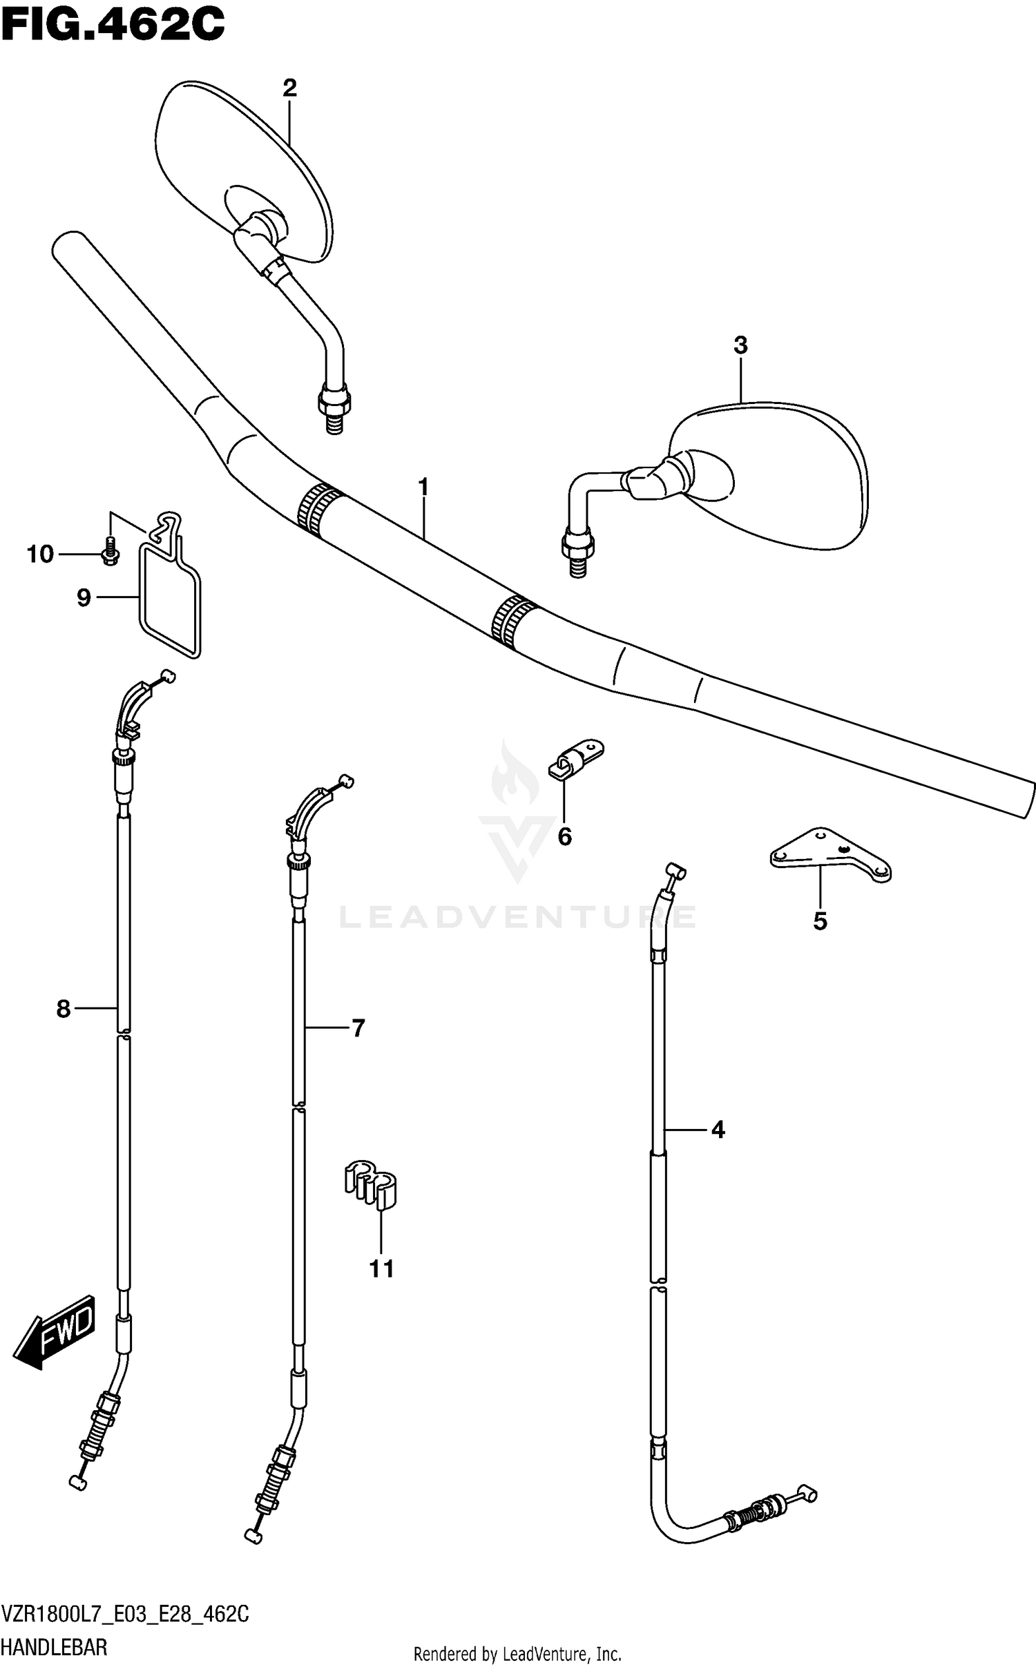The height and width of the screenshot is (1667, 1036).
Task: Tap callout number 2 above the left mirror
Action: pyautogui.click(x=289, y=88)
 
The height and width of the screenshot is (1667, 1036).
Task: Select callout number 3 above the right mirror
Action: pyautogui.click(x=740, y=345)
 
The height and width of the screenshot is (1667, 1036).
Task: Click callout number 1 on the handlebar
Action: pyautogui.click(x=423, y=488)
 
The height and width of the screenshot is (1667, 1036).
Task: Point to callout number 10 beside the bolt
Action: pyautogui.click(x=40, y=554)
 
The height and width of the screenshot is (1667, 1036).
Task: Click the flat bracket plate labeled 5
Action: pyautogui.click(x=829, y=854)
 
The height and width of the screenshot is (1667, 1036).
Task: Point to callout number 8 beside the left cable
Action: pyautogui.click(x=64, y=1010)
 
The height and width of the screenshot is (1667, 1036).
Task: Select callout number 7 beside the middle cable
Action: pyautogui.click(x=358, y=1029)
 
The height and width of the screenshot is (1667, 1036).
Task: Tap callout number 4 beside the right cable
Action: pyautogui.click(x=718, y=1130)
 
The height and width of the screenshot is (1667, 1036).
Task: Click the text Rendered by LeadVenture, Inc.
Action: pyautogui.click(x=517, y=1654)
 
